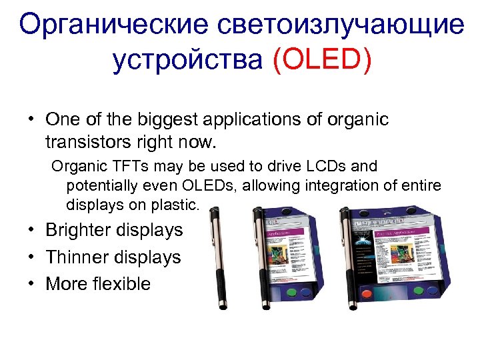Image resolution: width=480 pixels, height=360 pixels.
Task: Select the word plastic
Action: point(177,205)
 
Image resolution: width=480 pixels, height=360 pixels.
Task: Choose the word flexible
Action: point(123,284)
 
